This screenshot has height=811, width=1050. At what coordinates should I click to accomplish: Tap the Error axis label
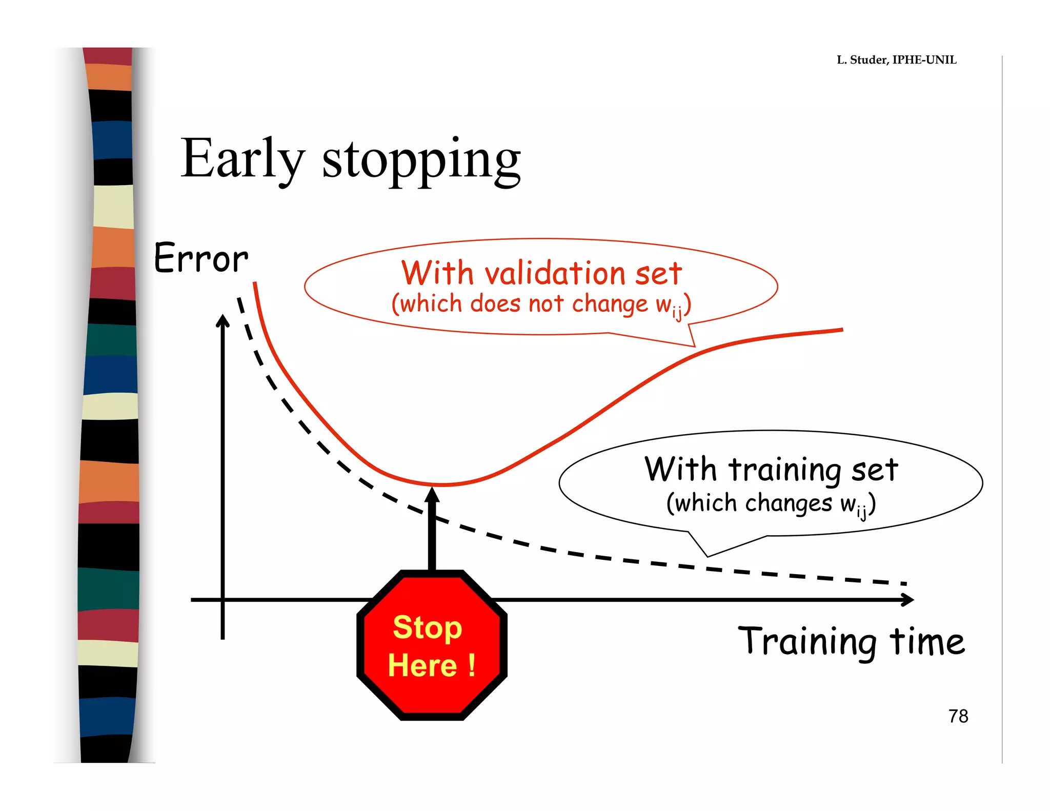click(201, 258)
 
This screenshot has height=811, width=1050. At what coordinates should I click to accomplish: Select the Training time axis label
click(851, 642)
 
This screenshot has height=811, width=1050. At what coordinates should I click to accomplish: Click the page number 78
click(958, 716)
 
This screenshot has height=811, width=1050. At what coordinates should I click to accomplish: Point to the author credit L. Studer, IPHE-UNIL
click(896, 60)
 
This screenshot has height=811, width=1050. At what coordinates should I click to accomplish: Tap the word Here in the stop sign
click(422, 665)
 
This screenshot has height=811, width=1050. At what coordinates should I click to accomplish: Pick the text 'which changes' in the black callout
click(749, 503)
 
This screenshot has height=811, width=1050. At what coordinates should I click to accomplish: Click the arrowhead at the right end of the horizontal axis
click(908, 599)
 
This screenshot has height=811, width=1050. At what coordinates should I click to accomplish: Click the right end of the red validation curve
click(841, 330)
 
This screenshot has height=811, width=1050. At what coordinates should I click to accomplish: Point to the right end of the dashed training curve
click(905, 583)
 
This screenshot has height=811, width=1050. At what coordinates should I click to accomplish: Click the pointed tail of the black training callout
click(708, 555)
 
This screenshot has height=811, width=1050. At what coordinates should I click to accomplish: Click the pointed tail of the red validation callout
click(694, 346)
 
